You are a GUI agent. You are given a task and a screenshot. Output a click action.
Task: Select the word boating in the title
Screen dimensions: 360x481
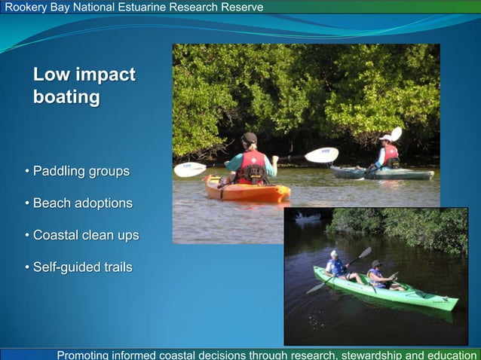[x=66, y=97]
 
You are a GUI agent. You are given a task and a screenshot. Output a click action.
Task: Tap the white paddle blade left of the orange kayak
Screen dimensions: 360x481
[x=189, y=169]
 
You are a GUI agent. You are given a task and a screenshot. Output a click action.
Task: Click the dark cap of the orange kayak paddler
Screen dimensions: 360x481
[x=250, y=138]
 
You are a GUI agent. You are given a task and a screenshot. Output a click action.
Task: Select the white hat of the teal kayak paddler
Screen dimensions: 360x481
[x=387, y=137]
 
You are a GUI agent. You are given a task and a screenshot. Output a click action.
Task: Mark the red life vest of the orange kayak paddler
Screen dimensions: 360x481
[x=252, y=165]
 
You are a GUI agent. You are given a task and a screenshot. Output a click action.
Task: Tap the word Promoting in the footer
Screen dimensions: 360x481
[x=88, y=355]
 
